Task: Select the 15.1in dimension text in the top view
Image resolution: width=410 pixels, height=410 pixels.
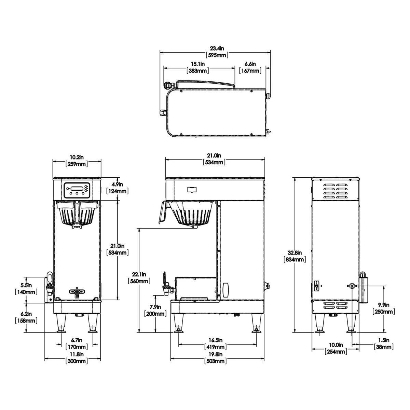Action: click(198, 67)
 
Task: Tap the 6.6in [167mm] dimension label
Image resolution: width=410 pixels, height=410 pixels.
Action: click(250, 67)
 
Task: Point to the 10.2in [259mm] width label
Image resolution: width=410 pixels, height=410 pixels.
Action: click(77, 161)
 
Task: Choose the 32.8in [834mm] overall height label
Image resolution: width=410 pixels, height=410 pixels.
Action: click(295, 256)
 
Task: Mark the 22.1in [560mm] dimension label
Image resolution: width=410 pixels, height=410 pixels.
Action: click(139, 278)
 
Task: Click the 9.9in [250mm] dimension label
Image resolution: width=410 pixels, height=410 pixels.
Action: click(384, 308)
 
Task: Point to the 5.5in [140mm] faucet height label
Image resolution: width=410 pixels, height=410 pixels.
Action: click(26, 288)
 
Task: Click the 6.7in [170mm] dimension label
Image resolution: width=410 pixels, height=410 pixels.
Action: click(77, 343)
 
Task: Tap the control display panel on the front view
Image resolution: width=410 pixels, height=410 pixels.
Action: click(77, 190)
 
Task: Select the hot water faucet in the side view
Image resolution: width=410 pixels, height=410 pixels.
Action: click(165, 285)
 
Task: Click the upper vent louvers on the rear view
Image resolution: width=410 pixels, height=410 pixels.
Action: click(336, 192)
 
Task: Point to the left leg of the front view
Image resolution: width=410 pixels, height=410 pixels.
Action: click(61, 323)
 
